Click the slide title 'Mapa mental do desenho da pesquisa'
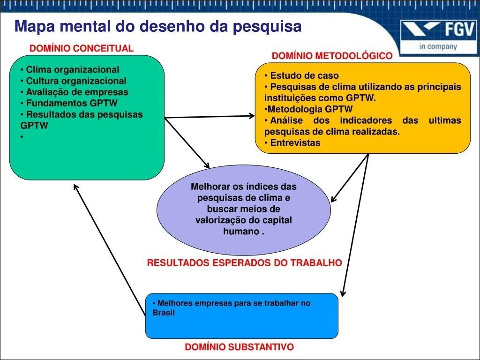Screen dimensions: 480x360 (x=158, y=26)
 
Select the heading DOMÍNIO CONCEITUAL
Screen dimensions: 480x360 (x=82, y=48)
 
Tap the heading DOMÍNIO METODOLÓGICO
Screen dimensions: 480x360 (x=332, y=56)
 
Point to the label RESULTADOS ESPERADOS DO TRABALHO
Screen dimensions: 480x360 (x=245, y=262)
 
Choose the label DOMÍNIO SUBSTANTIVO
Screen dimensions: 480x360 (x=240, y=347)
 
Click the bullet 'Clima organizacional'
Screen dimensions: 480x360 (x=70, y=69)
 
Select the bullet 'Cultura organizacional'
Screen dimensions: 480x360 (x=73, y=81)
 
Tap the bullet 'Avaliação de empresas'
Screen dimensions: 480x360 (x=74, y=92)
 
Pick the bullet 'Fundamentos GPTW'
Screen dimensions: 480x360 (x=69, y=103)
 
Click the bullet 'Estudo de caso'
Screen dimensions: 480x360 (x=301, y=75)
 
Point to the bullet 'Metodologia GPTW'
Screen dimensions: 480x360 (x=308, y=109)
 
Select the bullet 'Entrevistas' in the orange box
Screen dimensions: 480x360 (x=292, y=142)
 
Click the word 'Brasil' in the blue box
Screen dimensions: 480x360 (x=164, y=313)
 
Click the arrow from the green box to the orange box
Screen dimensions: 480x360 (x=210, y=117)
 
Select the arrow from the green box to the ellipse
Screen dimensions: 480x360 (x=187, y=143)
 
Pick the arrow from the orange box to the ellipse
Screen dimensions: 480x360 (x=350, y=178)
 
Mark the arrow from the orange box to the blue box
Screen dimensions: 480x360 (x=355, y=225)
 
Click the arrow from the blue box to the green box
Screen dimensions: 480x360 (x=110, y=249)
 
